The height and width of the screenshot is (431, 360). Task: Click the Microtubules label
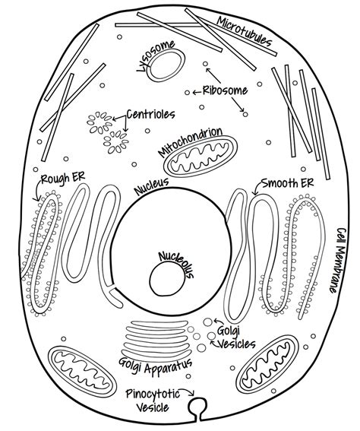(244, 31)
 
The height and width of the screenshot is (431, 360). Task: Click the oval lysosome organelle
(166, 65)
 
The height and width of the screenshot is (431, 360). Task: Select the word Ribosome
(225, 90)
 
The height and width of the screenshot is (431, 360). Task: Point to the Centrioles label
(150, 114)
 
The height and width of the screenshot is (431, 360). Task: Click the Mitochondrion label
(190, 141)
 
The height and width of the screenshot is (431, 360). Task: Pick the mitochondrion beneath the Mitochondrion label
(201, 157)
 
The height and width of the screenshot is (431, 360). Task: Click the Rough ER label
(63, 178)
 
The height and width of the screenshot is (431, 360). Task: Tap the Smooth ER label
(288, 182)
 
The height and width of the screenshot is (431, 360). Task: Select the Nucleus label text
(151, 186)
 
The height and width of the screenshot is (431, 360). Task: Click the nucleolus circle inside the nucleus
(167, 278)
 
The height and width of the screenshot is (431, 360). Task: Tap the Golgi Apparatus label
(155, 366)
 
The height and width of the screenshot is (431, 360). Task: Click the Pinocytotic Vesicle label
(153, 400)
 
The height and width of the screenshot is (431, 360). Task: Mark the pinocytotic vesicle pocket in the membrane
(197, 407)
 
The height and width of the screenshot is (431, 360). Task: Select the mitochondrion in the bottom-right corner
(267, 364)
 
